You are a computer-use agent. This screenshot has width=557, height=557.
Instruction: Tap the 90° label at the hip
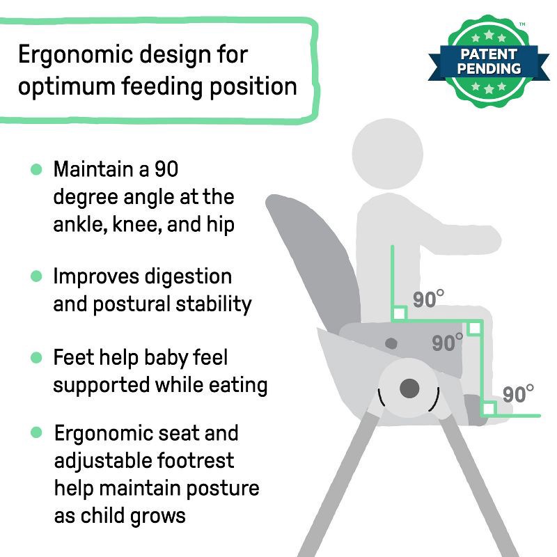[x=428, y=299]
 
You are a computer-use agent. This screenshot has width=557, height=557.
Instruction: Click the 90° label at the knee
[x=448, y=343]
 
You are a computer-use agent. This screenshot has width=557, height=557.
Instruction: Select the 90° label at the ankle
[x=518, y=393]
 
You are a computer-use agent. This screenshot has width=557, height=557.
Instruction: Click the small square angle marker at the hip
[x=399, y=314]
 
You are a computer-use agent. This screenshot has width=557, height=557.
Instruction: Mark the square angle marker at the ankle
[x=489, y=409]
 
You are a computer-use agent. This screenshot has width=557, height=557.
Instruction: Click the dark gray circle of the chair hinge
[x=410, y=389]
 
